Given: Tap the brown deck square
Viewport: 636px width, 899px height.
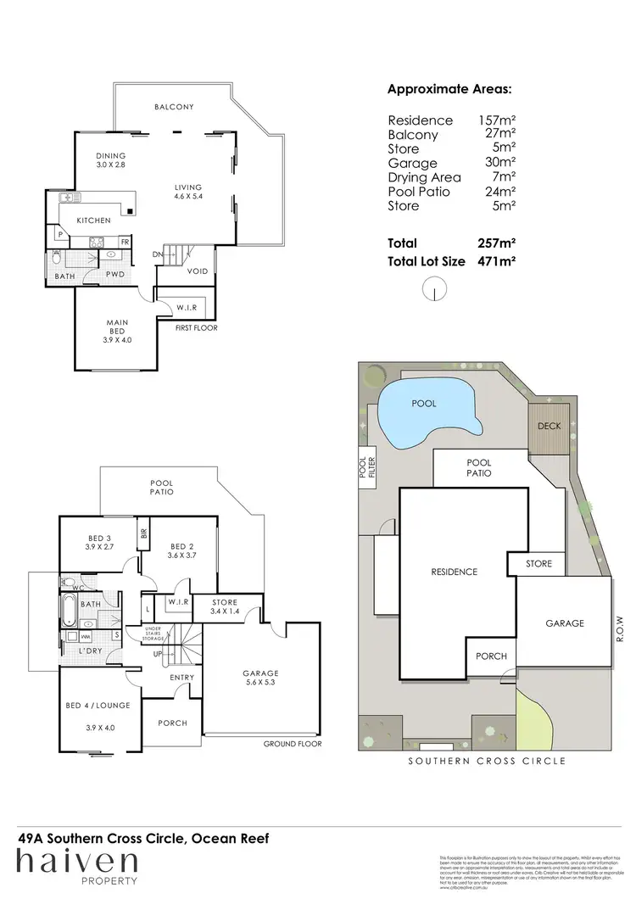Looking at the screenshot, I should coord(544,427).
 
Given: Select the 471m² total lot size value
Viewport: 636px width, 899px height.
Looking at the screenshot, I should coord(498,262).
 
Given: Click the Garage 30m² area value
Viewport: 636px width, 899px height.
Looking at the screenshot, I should coord(498,163).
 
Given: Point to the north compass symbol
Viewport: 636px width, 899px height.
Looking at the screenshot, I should coord(434,291).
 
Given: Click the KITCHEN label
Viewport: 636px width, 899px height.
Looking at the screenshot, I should coord(93,221).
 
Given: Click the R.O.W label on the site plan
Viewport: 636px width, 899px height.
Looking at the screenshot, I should coord(620,629).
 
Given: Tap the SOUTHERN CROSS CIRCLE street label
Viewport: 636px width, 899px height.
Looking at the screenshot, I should coord(487,761).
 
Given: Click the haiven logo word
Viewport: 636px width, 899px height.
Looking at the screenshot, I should coord(77,862).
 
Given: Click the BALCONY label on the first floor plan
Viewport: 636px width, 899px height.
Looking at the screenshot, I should coord(174,107).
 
